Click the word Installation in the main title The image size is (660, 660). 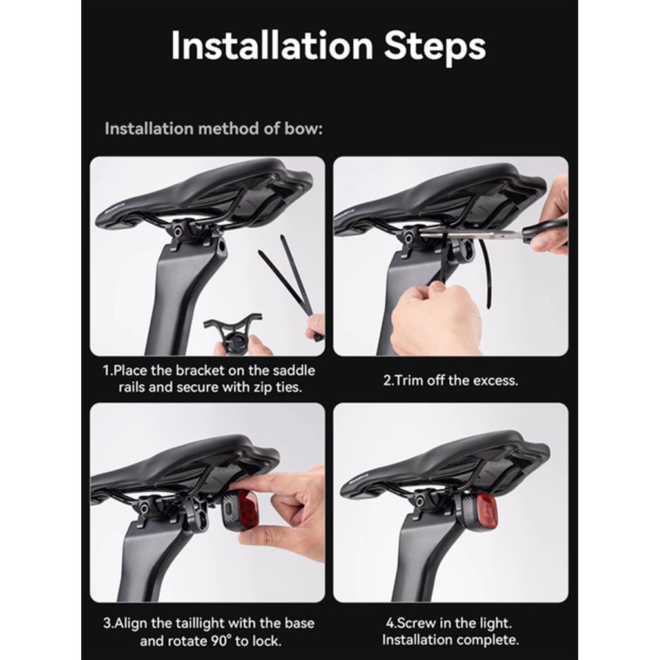(x=273, y=45)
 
